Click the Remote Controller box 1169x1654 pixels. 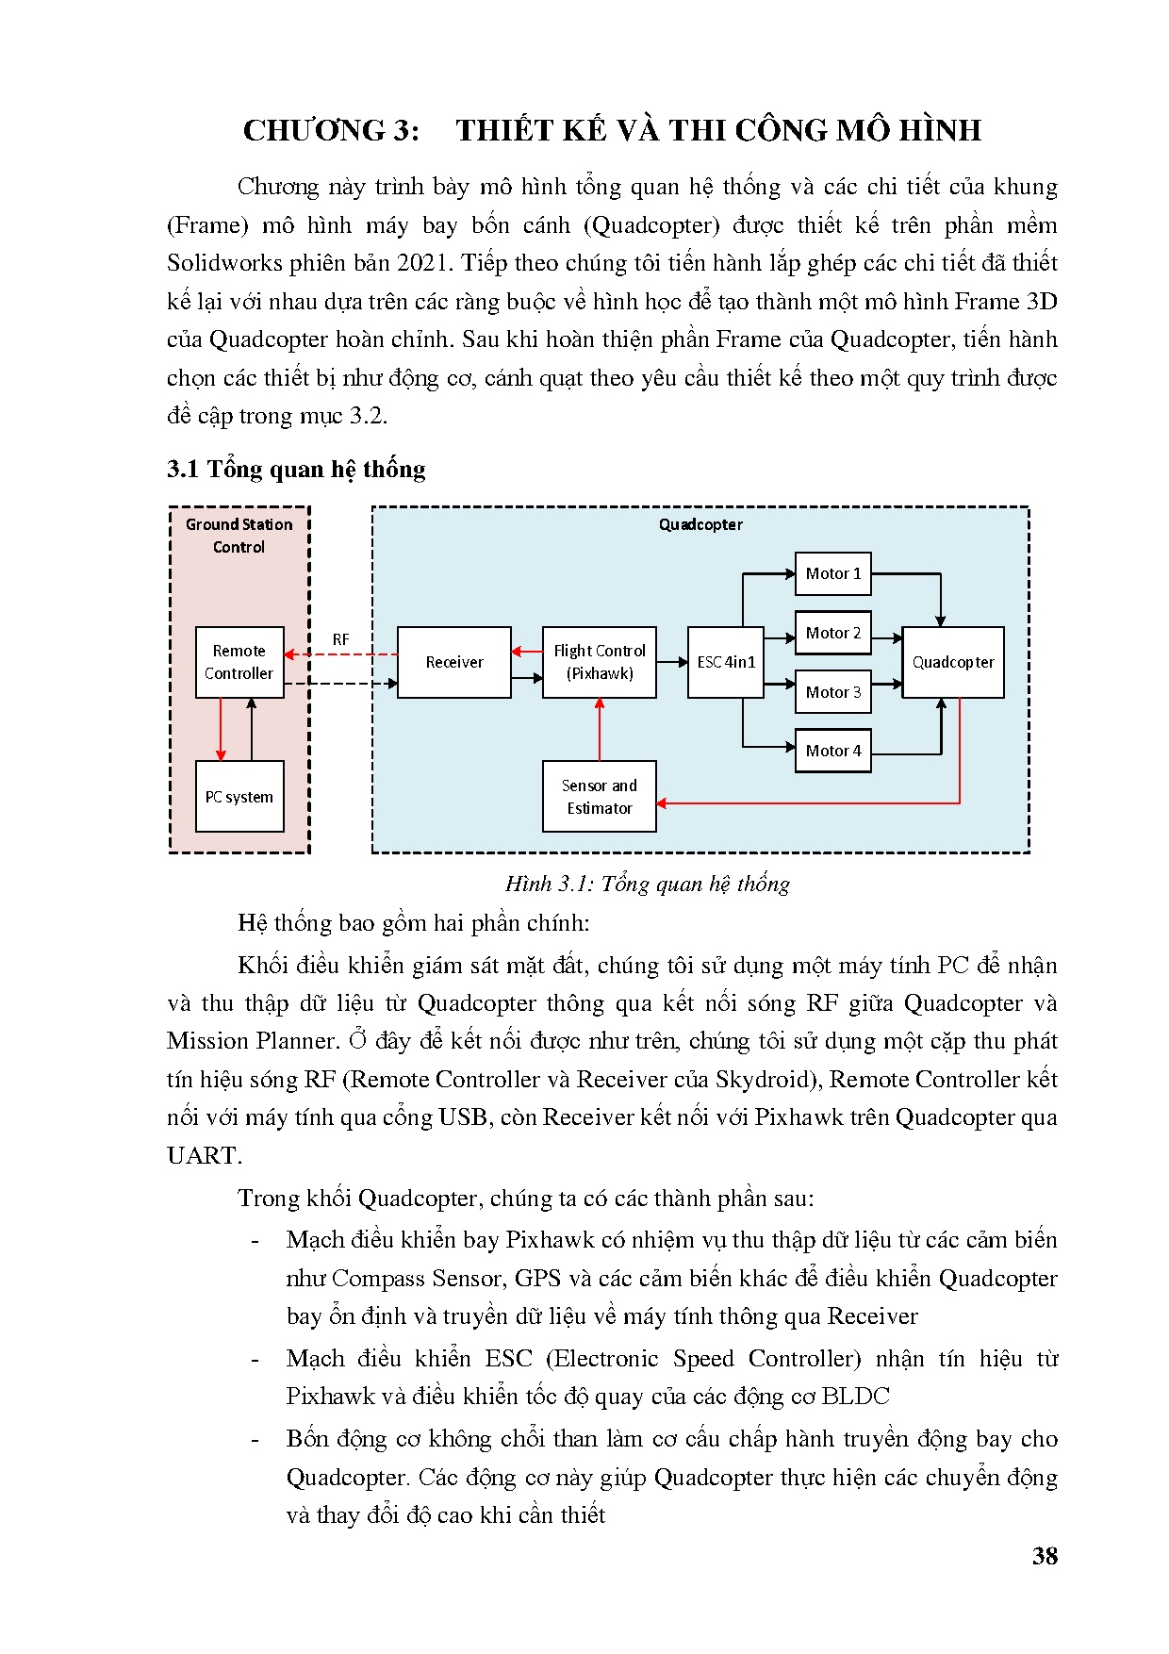click(239, 662)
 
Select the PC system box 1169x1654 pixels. click(239, 797)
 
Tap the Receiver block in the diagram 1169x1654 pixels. click(454, 662)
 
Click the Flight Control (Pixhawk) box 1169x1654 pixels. click(600, 662)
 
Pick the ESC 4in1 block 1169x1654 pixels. click(726, 662)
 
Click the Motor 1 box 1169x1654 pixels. click(833, 573)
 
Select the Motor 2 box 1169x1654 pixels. click(833, 633)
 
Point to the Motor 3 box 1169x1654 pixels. click(833, 692)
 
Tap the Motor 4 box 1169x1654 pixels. click(833, 751)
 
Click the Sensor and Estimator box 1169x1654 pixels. click(600, 797)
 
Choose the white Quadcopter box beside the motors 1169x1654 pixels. click(953, 662)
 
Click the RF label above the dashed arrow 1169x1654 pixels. click(341, 639)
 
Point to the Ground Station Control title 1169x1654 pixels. click(239, 536)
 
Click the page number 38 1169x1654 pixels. click(1045, 1556)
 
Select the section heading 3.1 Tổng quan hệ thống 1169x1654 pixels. click(296, 469)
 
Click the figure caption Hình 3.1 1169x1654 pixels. click(647, 884)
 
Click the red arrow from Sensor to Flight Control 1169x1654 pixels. click(600, 729)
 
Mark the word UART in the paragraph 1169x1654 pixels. click(203, 1155)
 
